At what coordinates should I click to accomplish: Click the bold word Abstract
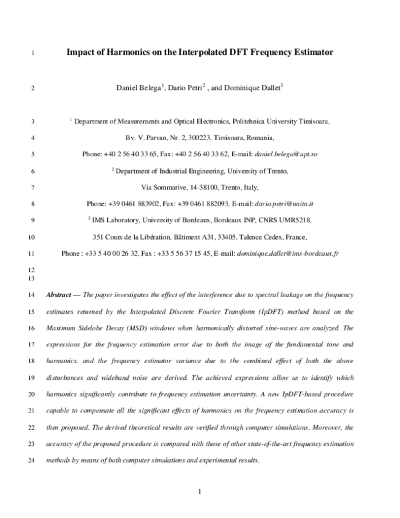pos(61,294)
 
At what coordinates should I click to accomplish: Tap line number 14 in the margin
pos(33,294)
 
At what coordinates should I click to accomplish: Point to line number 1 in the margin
pos(34,51)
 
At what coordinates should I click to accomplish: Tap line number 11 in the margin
pos(33,254)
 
